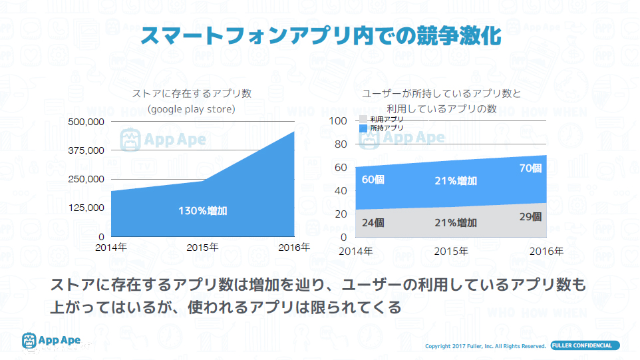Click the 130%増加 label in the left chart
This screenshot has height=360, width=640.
(203, 211)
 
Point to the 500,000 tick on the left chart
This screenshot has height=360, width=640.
(87, 122)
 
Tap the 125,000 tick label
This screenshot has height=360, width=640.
(87, 208)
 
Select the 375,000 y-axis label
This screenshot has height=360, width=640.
(87, 150)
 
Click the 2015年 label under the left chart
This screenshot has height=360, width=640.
(202, 248)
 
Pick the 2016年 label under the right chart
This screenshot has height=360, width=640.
(546, 252)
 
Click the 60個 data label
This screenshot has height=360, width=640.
(373, 180)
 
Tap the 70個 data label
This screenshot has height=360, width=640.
(530, 168)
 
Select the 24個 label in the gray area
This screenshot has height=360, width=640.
(373, 223)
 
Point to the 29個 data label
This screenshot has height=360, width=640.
(530, 217)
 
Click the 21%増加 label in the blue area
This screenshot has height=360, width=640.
(456, 181)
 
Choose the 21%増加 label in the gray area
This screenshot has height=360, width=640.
(456, 223)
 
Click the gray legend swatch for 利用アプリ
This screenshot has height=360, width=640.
(363, 118)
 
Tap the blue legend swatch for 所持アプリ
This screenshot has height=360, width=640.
(363, 127)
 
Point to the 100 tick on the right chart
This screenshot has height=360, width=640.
(339, 121)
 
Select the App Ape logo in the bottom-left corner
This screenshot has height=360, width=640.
(52, 341)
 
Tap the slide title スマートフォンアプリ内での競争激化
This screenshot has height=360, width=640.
(320, 35)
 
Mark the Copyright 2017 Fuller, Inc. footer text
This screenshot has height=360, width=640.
(486, 346)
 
